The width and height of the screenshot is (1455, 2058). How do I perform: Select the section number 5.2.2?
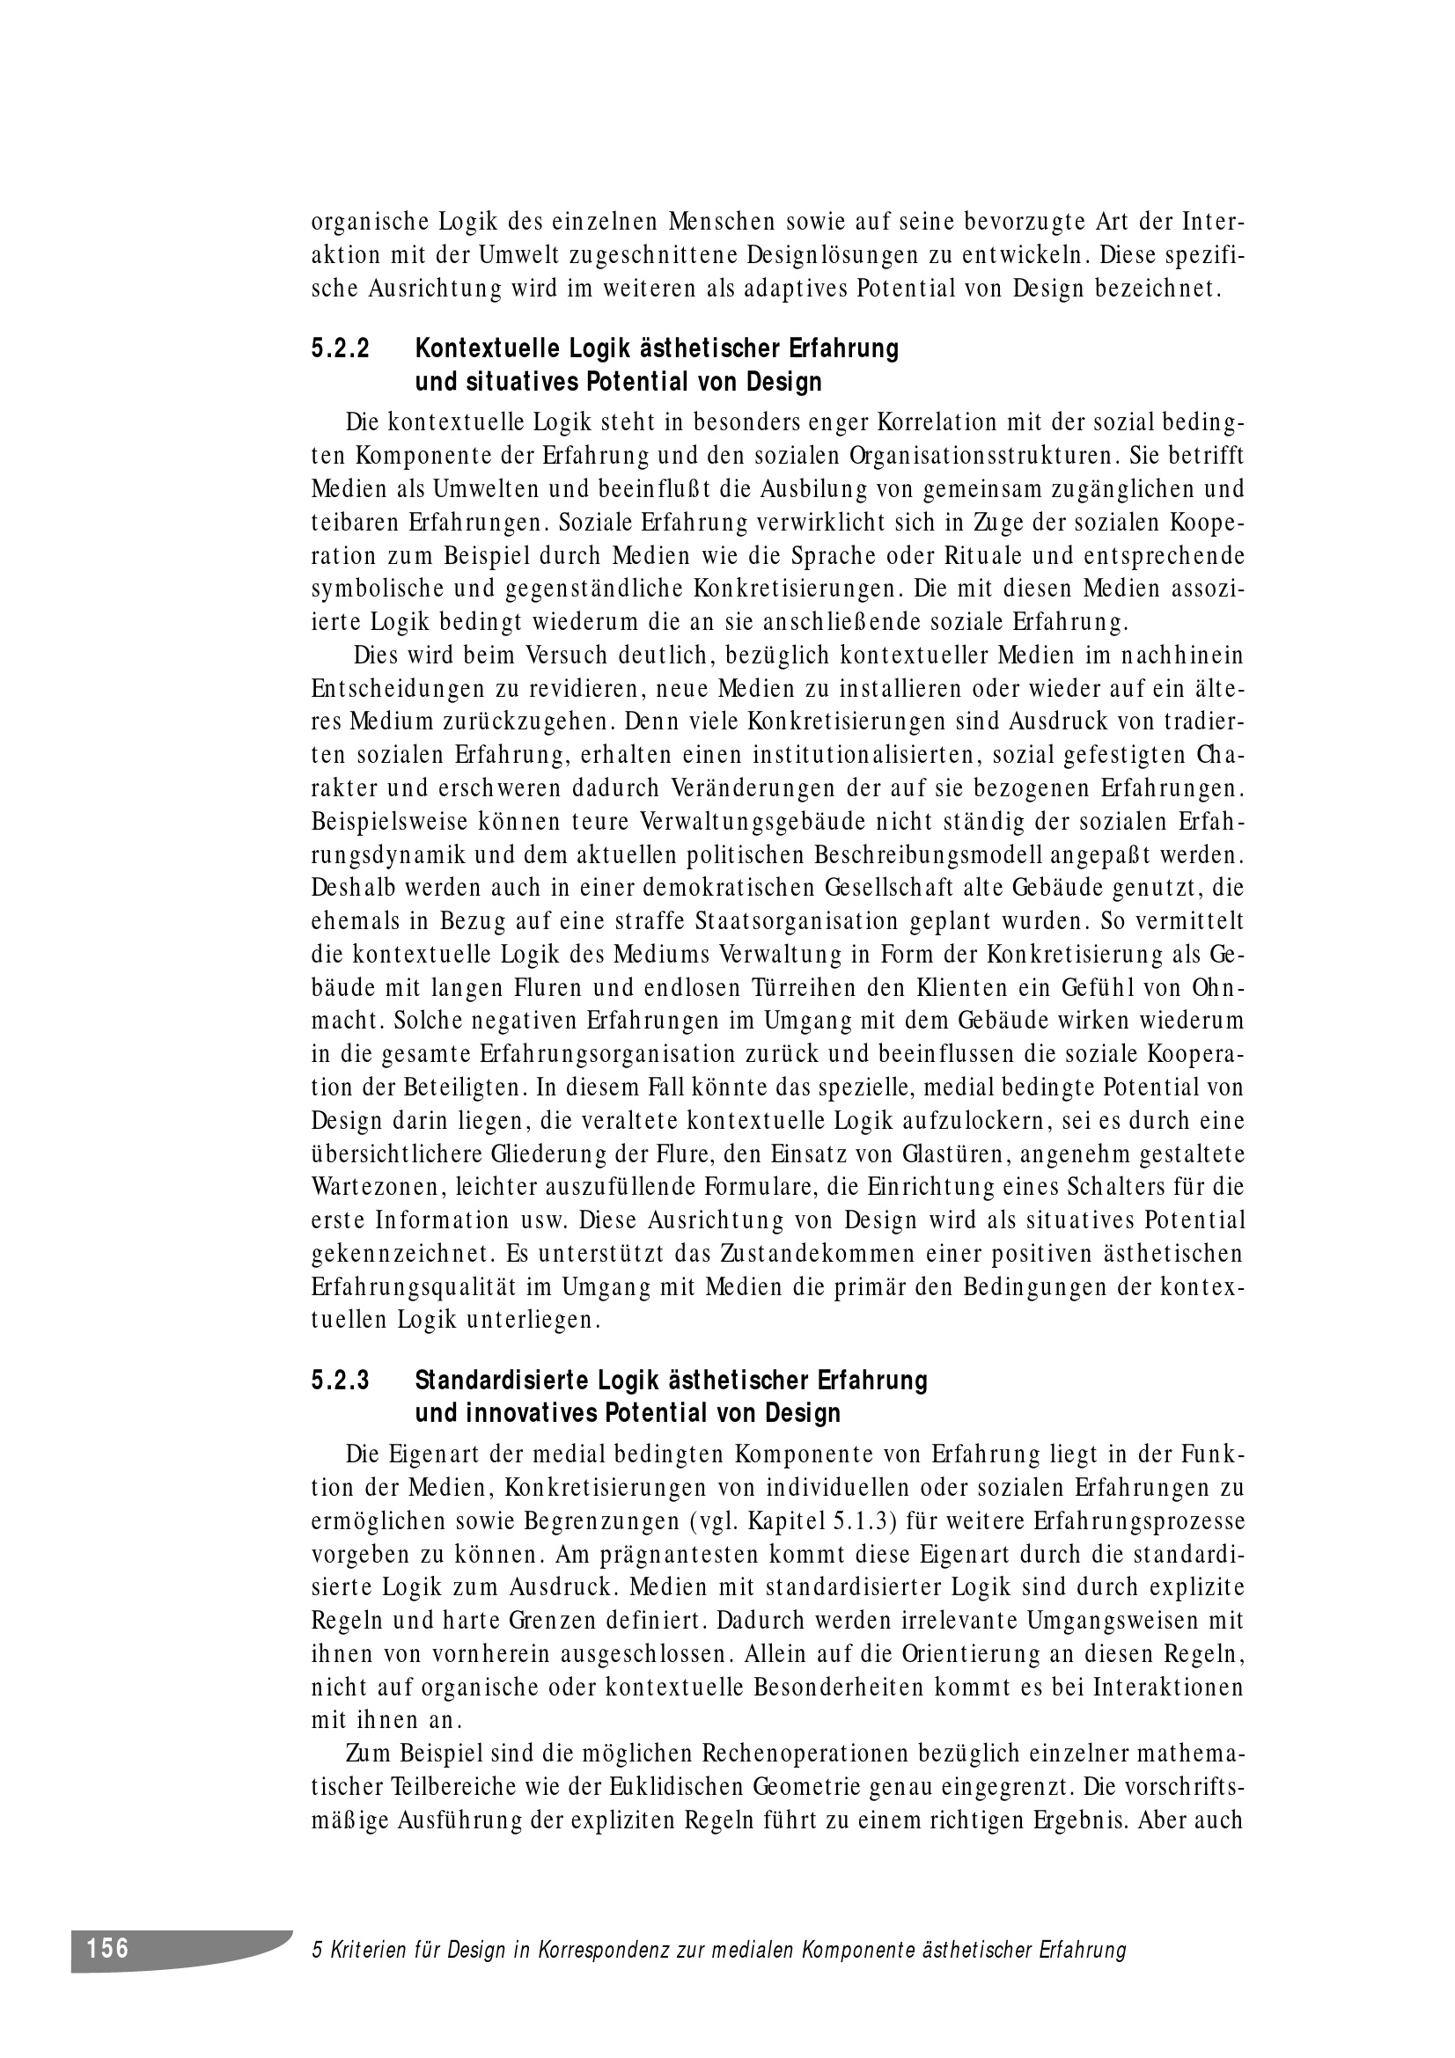pyautogui.click(x=341, y=348)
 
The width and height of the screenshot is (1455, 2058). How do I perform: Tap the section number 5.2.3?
pyautogui.click(x=341, y=1381)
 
